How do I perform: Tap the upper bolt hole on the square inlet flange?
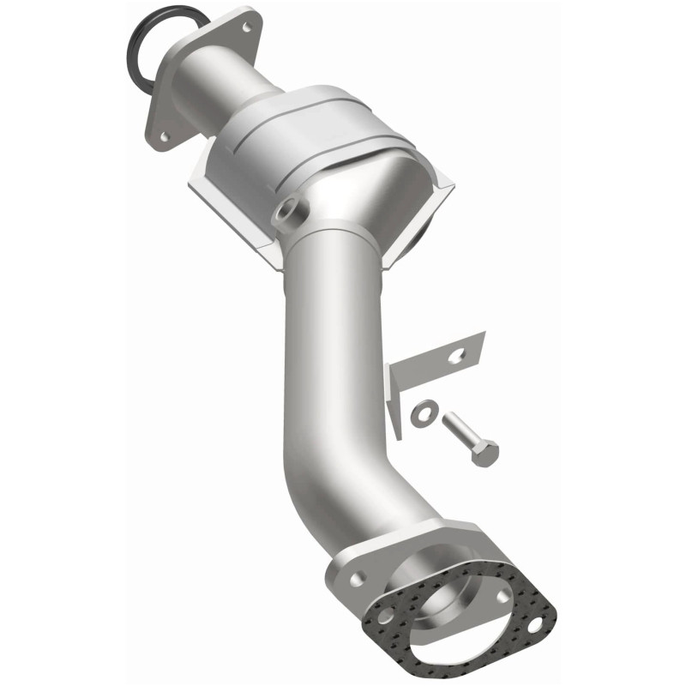pos(248,27)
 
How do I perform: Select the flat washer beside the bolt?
pos(422,413)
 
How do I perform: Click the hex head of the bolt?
pos(485,455)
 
